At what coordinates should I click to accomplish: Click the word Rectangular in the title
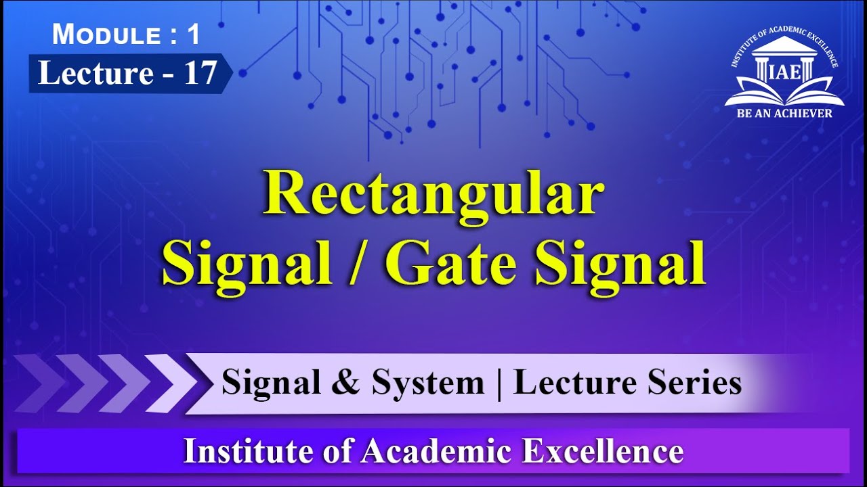tap(433, 194)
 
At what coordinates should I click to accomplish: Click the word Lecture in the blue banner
tap(95, 73)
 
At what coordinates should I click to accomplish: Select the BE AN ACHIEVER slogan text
tap(784, 113)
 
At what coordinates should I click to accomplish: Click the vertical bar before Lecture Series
tap(499, 384)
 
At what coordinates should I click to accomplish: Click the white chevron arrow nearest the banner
tap(169, 384)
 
